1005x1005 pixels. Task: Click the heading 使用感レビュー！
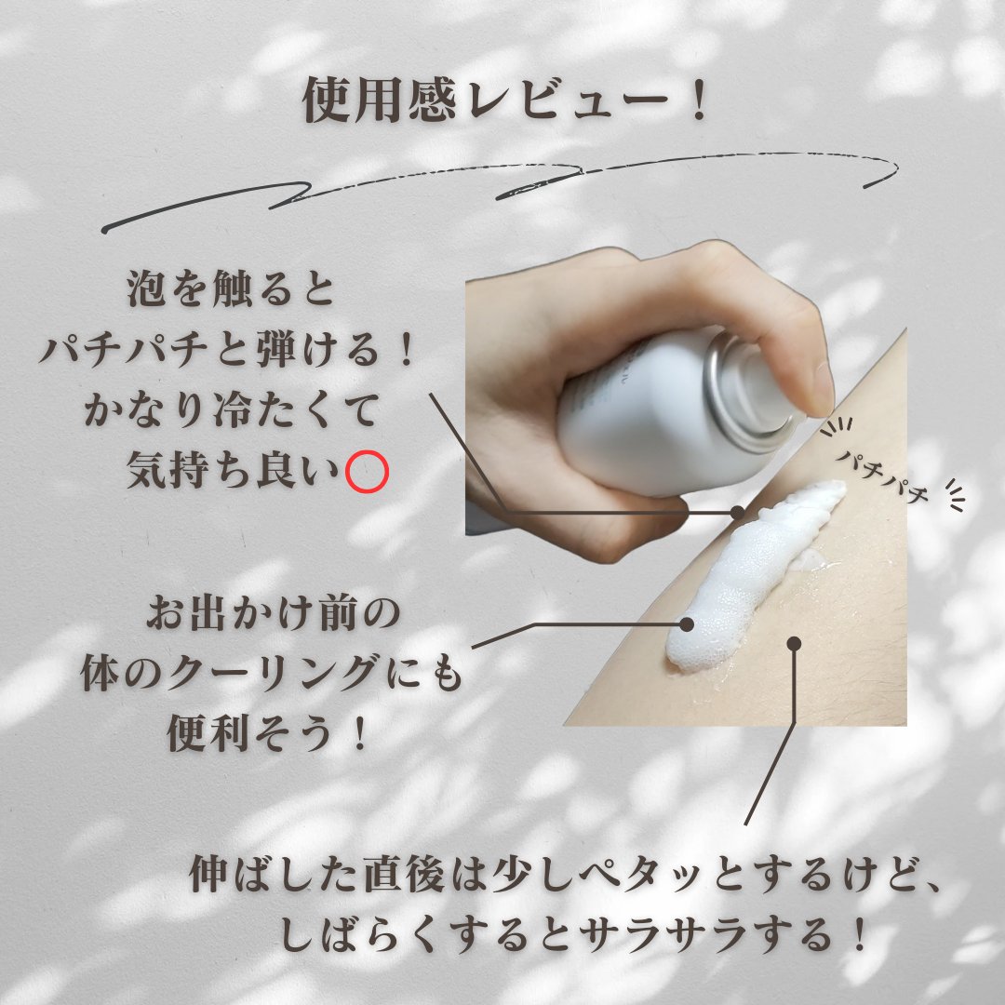(x=505, y=100)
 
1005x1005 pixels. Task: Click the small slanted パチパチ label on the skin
(x=882, y=476)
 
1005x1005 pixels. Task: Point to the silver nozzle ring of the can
(x=744, y=391)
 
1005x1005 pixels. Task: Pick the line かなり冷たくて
(x=232, y=410)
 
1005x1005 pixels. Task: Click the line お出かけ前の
(x=274, y=613)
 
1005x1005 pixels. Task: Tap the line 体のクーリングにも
(x=272, y=673)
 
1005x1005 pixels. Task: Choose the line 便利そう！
(x=268, y=733)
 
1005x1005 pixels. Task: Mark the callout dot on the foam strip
(x=687, y=623)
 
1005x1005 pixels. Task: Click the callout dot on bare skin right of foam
(x=794, y=644)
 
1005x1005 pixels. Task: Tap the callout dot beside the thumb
(x=738, y=512)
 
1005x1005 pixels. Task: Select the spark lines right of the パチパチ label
(x=956, y=494)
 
